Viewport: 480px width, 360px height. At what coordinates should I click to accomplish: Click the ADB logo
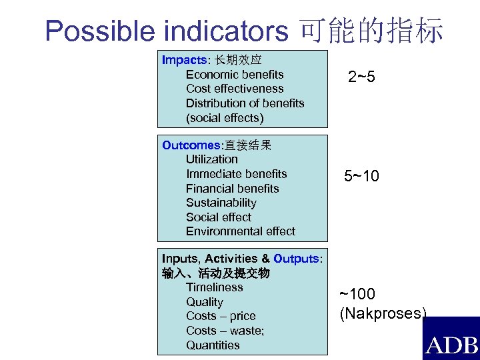[451, 341]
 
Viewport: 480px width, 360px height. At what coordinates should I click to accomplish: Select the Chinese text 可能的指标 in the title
[372, 31]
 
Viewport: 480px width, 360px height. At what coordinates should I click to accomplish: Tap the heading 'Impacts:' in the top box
[183, 60]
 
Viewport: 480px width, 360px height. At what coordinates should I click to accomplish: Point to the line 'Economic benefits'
[235, 75]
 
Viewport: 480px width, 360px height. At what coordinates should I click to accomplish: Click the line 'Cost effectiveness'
[235, 89]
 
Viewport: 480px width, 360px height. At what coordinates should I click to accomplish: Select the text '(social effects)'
[225, 118]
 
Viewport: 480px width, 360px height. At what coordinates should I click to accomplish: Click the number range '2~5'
[361, 78]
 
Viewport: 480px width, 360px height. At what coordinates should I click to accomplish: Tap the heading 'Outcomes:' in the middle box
[191, 145]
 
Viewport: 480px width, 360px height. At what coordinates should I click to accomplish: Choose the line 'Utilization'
[211, 159]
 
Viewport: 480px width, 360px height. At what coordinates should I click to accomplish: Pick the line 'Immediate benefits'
[236, 174]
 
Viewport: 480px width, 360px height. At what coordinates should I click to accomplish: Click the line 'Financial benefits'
[232, 189]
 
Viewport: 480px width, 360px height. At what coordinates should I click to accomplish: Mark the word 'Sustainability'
[221, 203]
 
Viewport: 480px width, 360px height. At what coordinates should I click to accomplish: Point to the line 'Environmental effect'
[240, 231]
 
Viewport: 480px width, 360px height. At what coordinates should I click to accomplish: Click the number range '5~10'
[361, 177]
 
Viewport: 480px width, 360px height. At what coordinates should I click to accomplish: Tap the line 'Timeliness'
[214, 287]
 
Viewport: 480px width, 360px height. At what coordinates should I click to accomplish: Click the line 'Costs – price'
[221, 316]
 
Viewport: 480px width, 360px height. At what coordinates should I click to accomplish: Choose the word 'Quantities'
[213, 345]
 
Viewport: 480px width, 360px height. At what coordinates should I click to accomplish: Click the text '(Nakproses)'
[383, 313]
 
